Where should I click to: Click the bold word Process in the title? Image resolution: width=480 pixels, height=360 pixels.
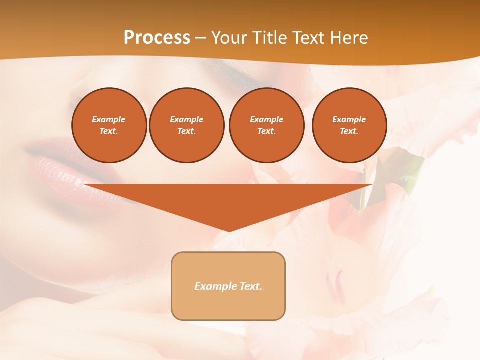(x=157, y=38)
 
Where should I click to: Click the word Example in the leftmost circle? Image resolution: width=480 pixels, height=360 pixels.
(x=109, y=119)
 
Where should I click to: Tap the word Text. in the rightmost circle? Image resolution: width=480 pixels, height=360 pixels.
(x=349, y=131)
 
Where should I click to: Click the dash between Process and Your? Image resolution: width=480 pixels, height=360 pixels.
(x=200, y=38)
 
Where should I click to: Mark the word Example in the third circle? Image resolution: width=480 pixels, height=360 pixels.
(x=266, y=119)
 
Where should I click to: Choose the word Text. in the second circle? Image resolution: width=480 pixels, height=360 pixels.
(x=186, y=131)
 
